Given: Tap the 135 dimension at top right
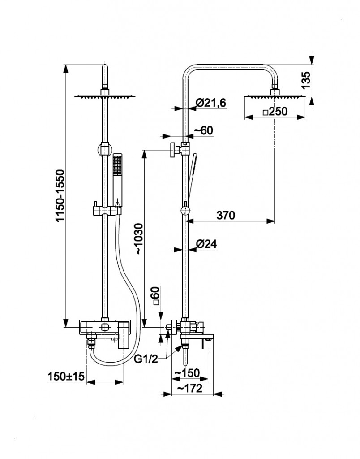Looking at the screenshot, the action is click(x=306, y=80).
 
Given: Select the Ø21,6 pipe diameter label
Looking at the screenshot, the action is click(x=211, y=103).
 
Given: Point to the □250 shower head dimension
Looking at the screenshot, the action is click(x=275, y=112).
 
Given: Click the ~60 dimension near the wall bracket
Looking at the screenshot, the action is click(x=204, y=130).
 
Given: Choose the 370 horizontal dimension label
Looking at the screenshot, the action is click(x=226, y=216).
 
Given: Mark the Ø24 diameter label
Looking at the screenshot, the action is click(x=206, y=244).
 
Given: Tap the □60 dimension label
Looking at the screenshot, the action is click(x=156, y=296).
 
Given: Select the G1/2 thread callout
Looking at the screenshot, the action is click(x=146, y=359).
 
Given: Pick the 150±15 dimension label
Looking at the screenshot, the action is click(x=66, y=376).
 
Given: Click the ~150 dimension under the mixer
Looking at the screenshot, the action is click(x=187, y=373).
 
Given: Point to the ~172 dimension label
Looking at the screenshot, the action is click(x=189, y=388).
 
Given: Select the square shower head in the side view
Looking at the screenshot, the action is click(x=274, y=95).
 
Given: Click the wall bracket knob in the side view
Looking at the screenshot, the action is click(x=173, y=150).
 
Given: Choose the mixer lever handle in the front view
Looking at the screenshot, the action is click(x=124, y=334).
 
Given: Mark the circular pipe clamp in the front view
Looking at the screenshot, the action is click(x=105, y=149).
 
